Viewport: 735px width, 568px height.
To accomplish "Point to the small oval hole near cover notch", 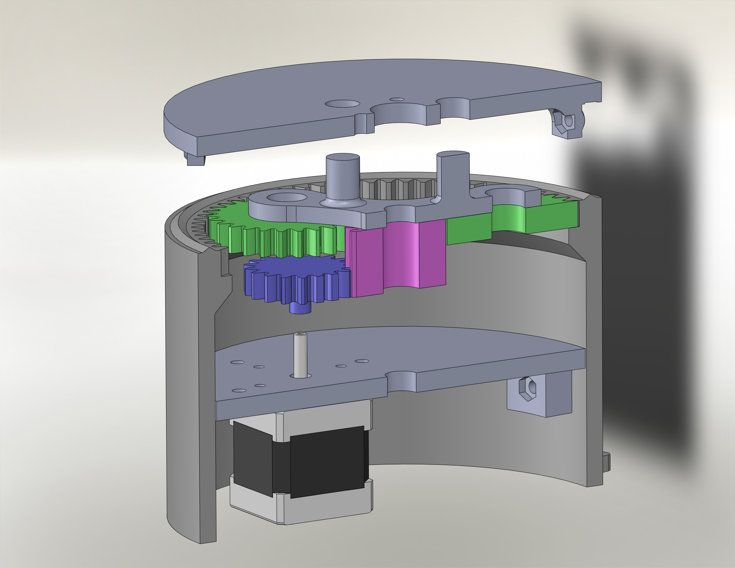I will pos(397,100).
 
